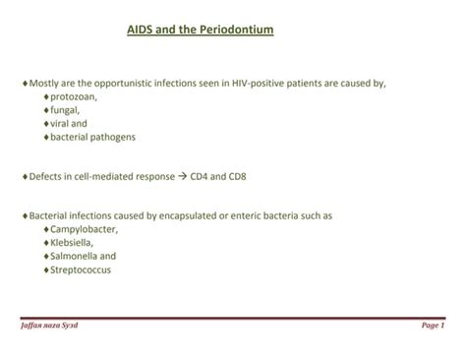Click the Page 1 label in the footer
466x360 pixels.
(x=433, y=326)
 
